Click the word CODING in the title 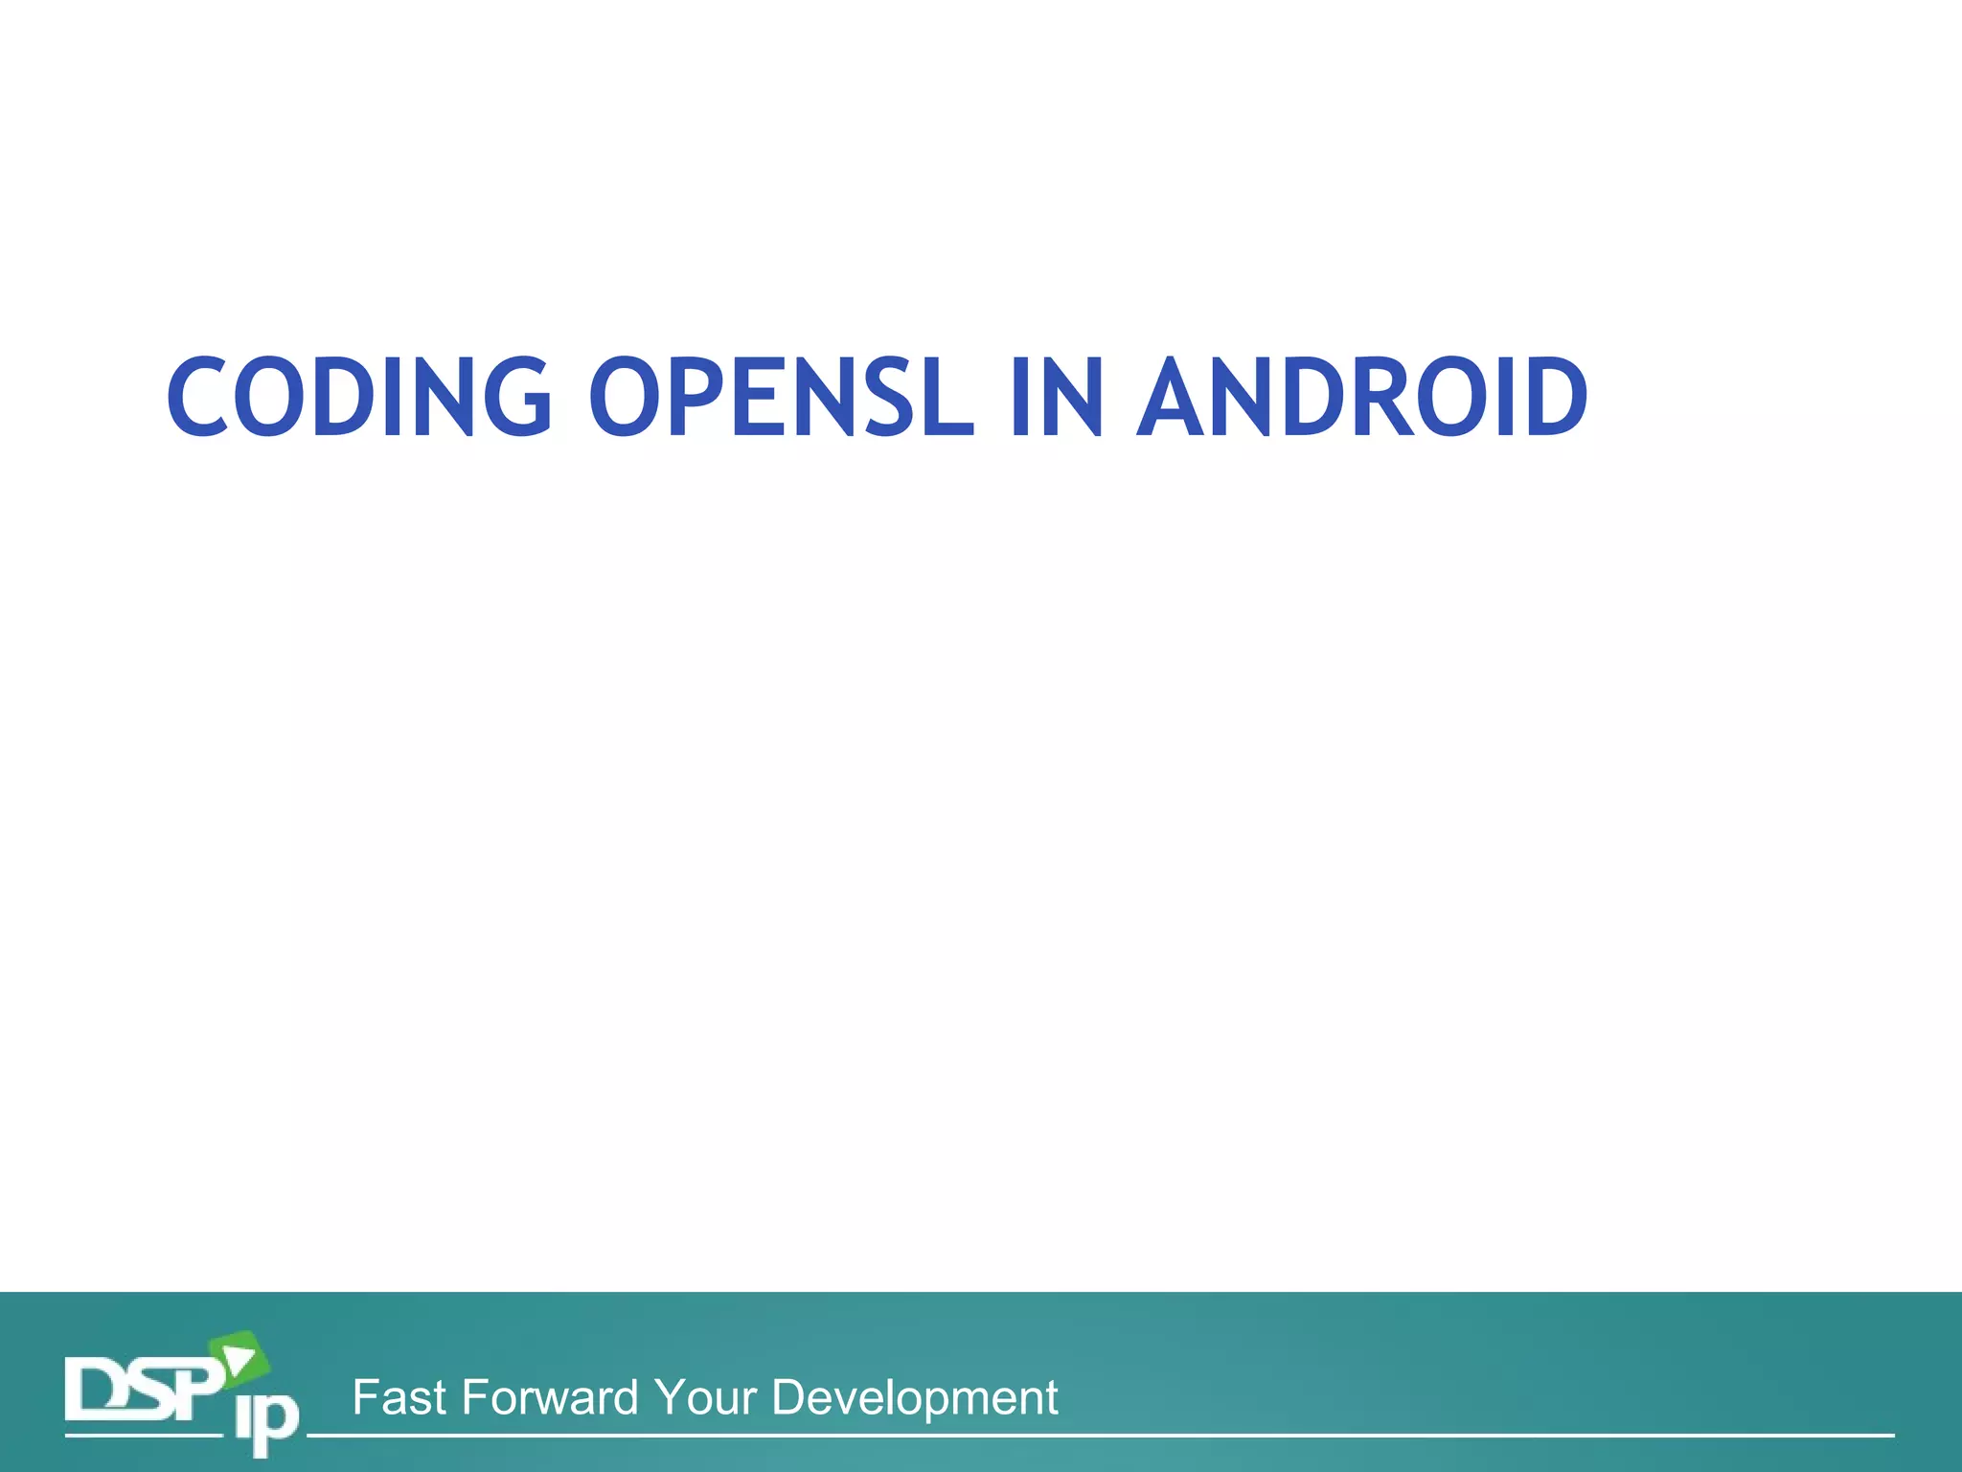[359, 397]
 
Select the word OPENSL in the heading [781, 397]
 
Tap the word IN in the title [1056, 397]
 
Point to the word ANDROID [1361, 397]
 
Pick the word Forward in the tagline [550, 1398]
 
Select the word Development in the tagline [914, 1398]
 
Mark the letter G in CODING [518, 397]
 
